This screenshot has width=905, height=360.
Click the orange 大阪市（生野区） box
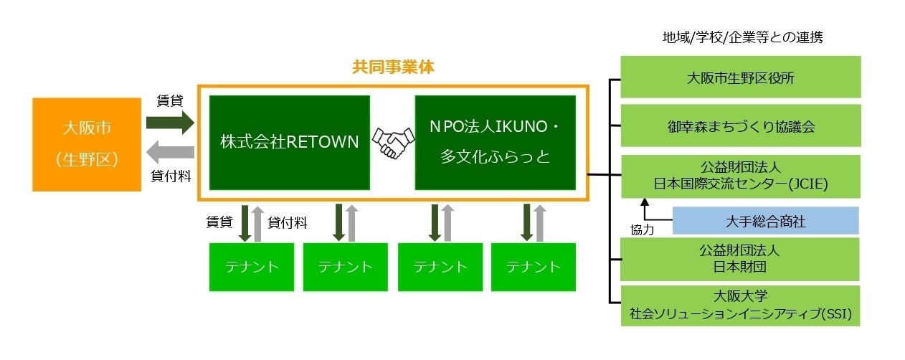click(x=87, y=145)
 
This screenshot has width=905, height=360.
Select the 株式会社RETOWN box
click(x=289, y=142)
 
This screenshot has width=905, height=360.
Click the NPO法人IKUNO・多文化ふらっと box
click(x=495, y=142)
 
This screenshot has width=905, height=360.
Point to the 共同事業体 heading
click(x=393, y=67)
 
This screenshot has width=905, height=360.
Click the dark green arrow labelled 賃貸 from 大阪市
click(x=169, y=122)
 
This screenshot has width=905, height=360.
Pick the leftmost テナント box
click(x=251, y=267)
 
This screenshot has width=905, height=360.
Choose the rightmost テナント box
click(x=533, y=267)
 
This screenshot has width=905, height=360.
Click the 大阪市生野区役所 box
click(x=739, y=77)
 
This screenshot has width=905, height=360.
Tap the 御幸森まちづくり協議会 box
click(x=739, y=126)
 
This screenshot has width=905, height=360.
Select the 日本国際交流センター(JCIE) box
click(x=739, y=176)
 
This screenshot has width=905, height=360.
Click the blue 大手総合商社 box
click(x=764, y=221)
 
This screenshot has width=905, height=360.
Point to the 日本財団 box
click(x=739, y=259)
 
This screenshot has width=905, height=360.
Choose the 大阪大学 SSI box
click(x=739, y=305)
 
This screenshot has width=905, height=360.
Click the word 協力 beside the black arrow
click(x=643, y=230)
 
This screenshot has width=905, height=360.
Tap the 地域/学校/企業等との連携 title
click(x=742, y=38)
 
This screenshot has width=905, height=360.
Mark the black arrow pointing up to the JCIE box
click(x=645, y=211)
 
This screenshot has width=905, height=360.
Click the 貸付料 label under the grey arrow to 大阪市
click(x=169, y=177)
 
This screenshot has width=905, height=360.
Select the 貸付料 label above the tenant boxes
click(x=288, y=223)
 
